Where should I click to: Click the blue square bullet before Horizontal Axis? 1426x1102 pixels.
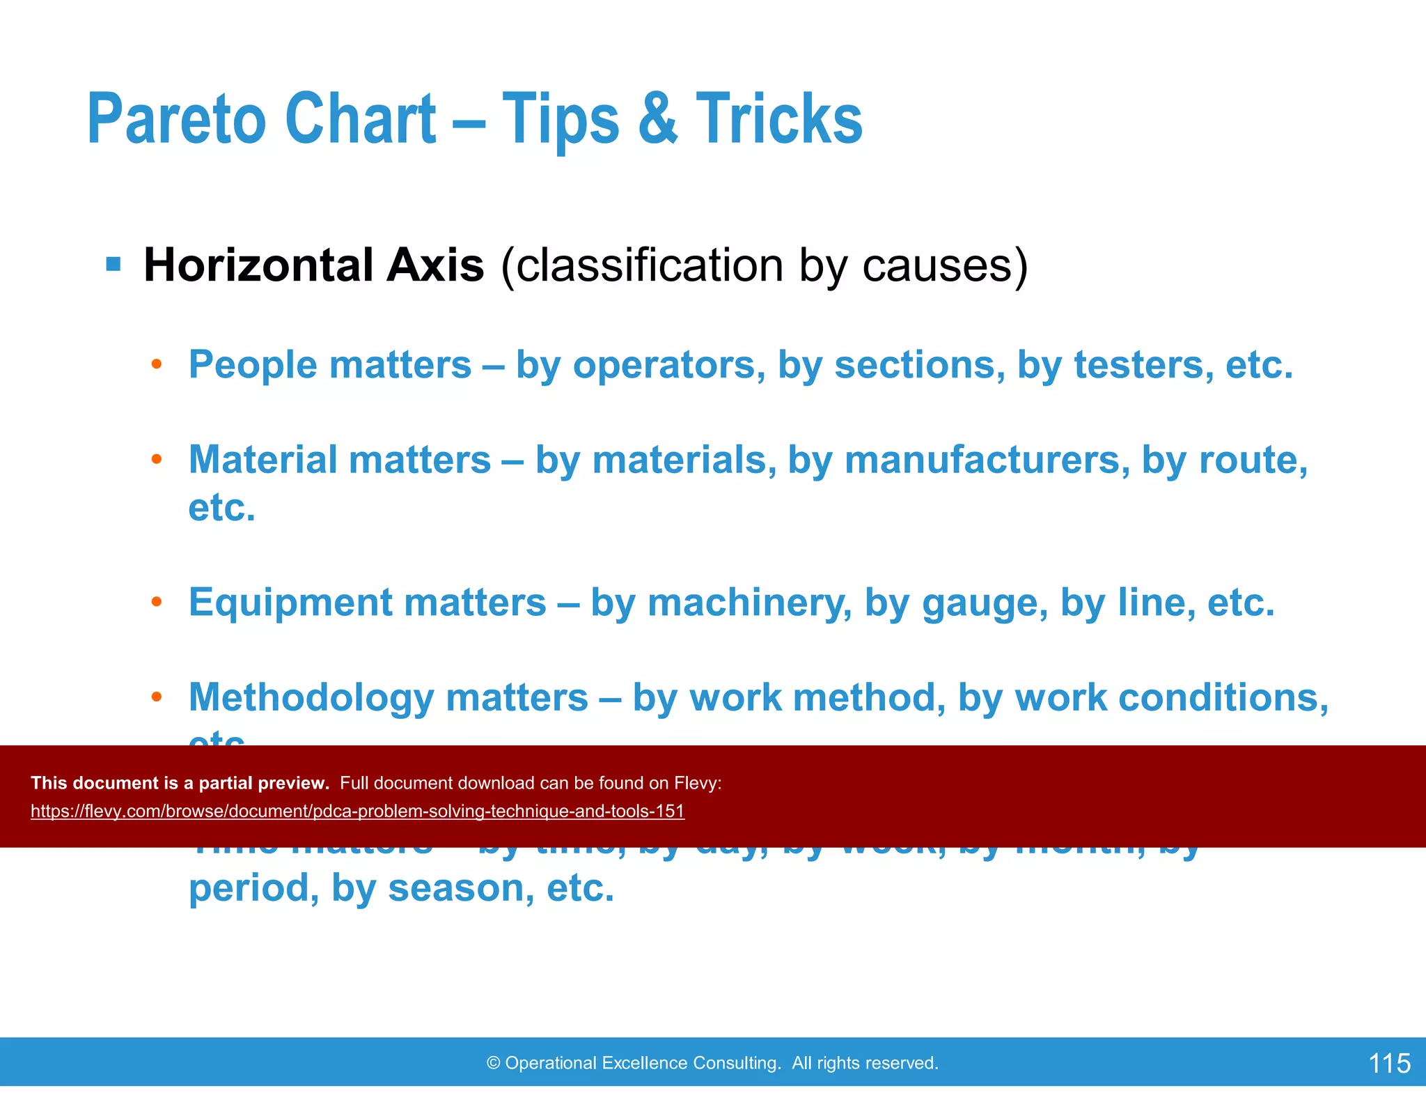pos(113,265)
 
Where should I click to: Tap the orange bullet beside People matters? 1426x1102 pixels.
pos(157,364)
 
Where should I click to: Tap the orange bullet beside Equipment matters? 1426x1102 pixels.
pos(157,602)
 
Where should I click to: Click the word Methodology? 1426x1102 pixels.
pos(311,698)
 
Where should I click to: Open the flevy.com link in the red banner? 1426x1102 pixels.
pos(357,812)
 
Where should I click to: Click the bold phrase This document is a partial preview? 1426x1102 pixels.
pos(180,783)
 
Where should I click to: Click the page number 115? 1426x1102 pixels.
pos(1389,1064)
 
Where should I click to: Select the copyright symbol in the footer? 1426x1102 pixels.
pos(493,1063)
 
